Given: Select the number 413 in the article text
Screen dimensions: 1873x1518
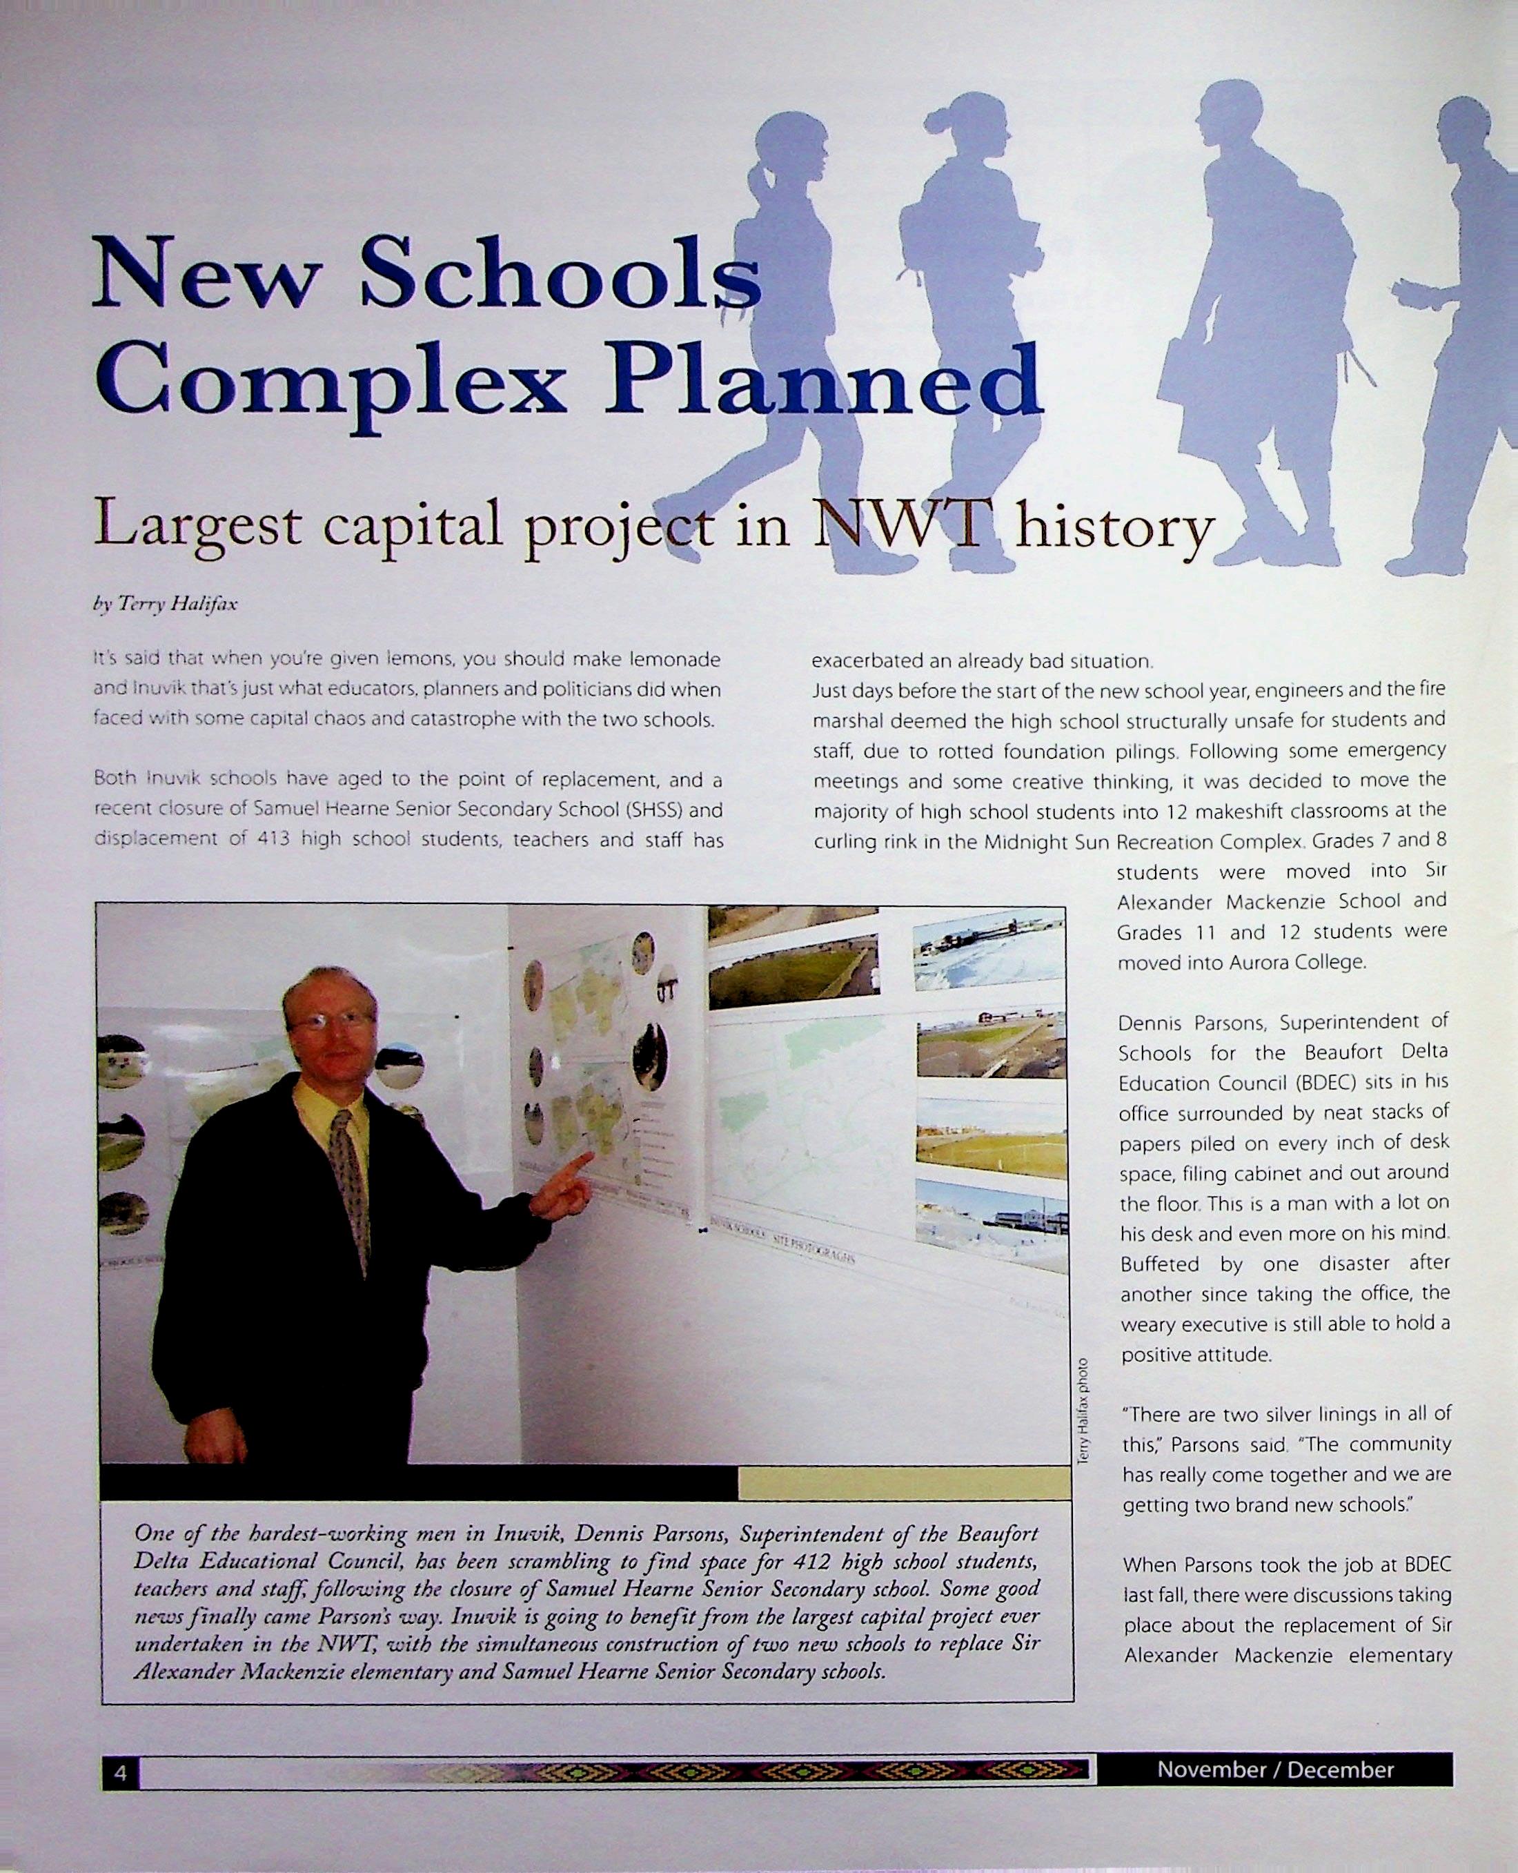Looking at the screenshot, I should click(274, 839).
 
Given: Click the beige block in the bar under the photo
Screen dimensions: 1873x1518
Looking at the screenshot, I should click(903, 1484).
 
